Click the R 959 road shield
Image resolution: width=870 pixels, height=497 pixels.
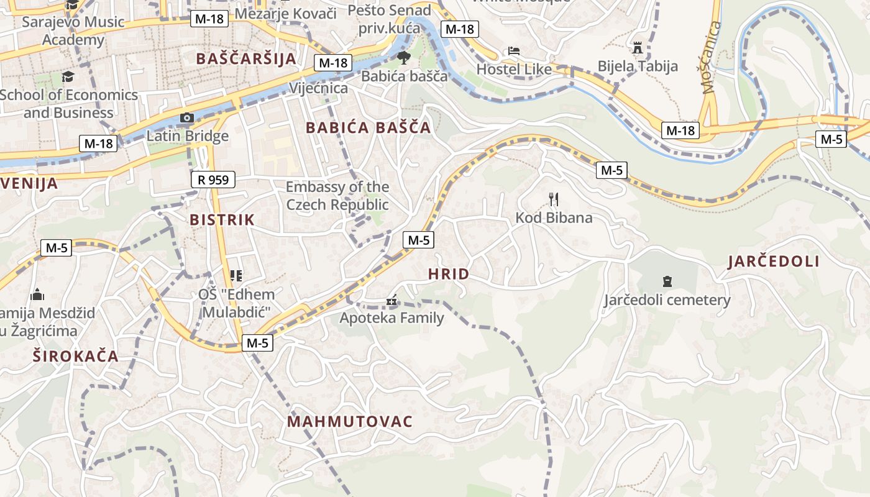click(213, 180)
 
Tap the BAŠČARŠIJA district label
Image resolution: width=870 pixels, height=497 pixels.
click(245, 59)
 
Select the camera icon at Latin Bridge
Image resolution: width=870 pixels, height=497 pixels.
click(186, 117)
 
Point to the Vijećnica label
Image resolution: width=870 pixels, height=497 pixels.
click(318, 88)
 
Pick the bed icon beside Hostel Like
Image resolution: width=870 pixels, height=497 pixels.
click(514, 50)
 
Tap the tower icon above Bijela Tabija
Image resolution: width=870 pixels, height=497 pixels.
click(638, 47)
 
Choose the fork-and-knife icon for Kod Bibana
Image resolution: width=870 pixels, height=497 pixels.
click(554, 199)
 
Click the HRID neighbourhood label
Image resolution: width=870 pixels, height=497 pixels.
click(449, 274)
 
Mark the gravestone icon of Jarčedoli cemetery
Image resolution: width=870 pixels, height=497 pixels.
click(667, 281)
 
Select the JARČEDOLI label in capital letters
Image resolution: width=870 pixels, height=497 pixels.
click(774, 262)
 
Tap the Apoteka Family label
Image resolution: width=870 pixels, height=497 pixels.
click(391, 318)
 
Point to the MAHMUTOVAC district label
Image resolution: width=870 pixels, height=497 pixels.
click(350, 422)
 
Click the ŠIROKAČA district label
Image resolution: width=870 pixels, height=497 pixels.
click(75, 356)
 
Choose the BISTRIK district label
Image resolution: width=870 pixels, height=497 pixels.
click(222, 219)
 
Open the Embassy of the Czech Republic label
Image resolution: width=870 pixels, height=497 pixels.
click(337, 196)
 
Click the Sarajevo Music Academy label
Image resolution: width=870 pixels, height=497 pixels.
click(73, 31)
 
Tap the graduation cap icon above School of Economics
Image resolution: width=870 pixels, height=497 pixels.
click(68, 76)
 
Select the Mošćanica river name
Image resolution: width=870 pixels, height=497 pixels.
click(712, 57)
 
